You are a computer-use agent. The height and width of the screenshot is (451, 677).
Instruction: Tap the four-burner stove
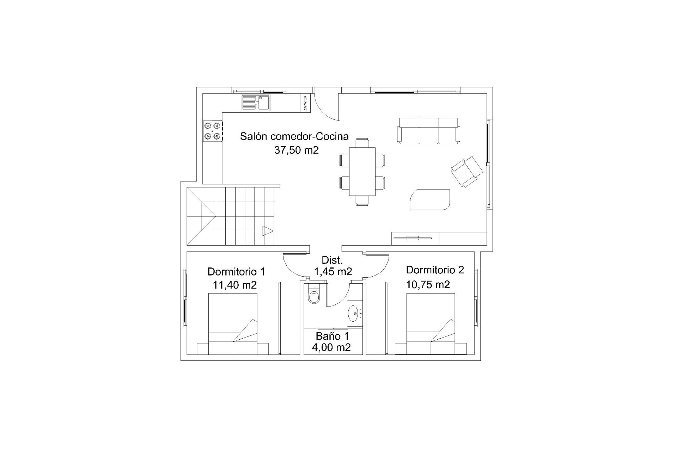tap(212, 131)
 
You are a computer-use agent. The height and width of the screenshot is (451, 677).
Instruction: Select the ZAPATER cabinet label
tap(305, 103)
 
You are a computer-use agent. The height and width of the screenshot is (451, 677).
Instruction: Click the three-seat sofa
tap(428, 131)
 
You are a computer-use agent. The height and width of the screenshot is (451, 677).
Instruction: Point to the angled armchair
tap(467, 172)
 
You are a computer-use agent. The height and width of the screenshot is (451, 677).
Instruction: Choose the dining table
tap(362, 171)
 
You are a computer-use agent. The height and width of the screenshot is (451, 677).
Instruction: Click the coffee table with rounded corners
tap(430, 200)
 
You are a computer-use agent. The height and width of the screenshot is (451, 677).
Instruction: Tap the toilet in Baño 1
tap(313, 295)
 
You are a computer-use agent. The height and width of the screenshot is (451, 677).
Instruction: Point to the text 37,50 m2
tap(296, 150)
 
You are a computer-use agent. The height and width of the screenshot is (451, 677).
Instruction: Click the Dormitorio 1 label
tap(236, 272)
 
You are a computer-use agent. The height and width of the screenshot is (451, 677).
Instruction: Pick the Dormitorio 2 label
tap(435, 270)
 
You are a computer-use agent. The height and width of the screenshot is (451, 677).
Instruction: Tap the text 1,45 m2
tap(333, 271)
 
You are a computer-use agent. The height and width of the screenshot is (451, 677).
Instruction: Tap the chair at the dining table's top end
tap(362, 142)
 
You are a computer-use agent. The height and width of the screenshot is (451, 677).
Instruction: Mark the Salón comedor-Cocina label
tap(294, 136)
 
